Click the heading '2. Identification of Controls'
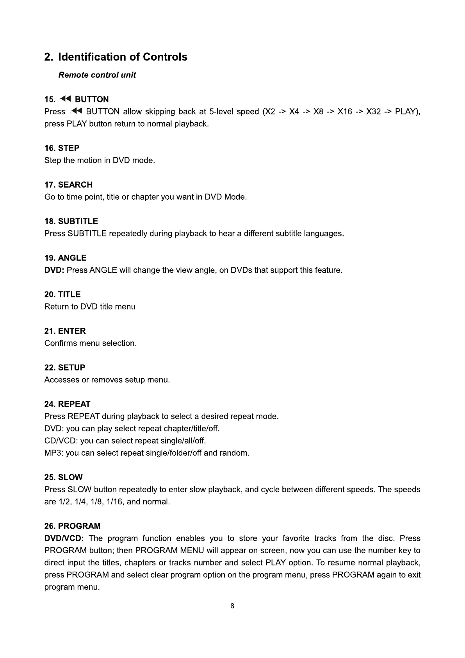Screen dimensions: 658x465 (x=116, y=57)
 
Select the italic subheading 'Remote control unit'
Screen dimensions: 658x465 (x=97, y=75)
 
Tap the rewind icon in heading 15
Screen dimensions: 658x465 (x=66, y=99)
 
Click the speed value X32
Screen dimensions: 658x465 (x=373, y=112)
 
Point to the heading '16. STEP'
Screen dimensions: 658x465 (x=62, y=148)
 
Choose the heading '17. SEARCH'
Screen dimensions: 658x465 (x=68, y=185)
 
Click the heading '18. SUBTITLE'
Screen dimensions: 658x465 (x=71, y=221)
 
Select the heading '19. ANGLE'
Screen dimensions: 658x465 (x=65, y=258)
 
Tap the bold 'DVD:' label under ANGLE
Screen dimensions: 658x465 (x=54, y=270)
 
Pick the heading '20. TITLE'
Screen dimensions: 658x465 (x=62, y=294)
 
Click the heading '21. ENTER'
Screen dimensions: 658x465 (x=65, y=331)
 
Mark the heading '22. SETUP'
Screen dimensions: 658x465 (x=64, y=367)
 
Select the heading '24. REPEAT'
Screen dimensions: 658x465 (x=67, y=404)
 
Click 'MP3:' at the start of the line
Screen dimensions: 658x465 (x=53, y=453)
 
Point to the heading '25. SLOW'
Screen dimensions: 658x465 (x=63, y=477)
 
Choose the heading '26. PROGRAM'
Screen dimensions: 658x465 (x=72, y=526)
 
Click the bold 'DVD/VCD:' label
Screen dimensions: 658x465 (x=64, y=538)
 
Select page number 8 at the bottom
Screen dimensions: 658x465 (x=232, y=606)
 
